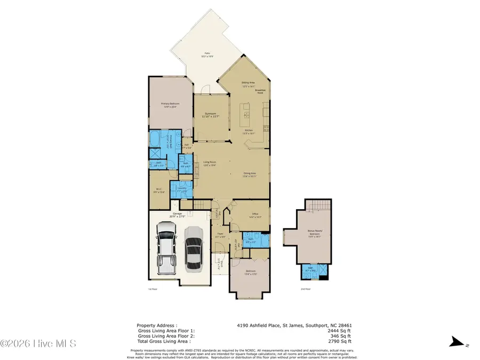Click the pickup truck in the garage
(166, 249)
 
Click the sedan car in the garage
(193, 249)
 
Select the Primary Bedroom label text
(169, 105)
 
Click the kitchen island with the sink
(247, 112)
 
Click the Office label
(251, 216)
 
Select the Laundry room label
(181, 189)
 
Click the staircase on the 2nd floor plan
(321, 206)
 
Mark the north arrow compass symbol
(455, 342)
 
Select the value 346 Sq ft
(342, 336)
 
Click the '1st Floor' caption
(153, 289)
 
